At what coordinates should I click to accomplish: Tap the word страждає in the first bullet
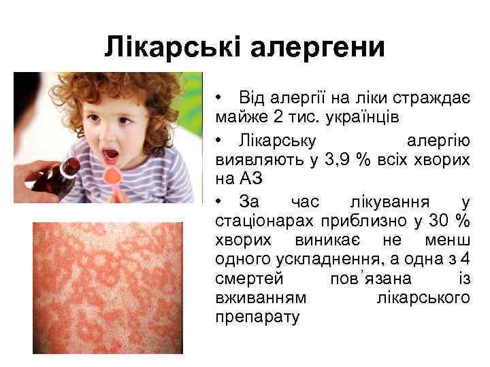(430, 99)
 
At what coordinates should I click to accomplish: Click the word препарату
(257, 317)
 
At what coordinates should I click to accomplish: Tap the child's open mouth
(111, 157)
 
